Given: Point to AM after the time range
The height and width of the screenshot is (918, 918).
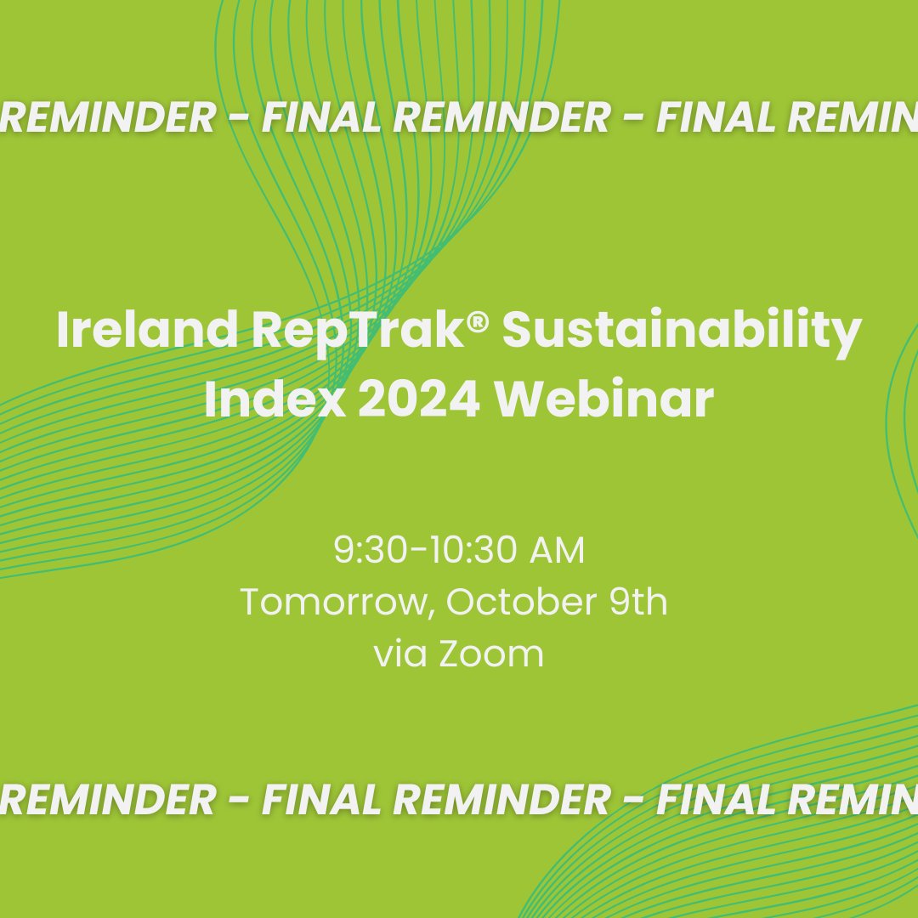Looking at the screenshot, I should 557,551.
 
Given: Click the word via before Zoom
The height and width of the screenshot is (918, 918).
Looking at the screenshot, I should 400,654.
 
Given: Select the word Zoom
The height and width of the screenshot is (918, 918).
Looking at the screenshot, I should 496,654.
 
